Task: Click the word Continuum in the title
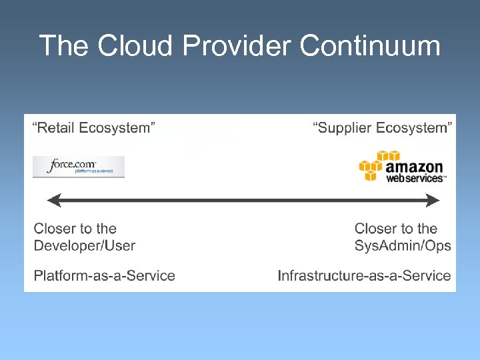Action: (x=370, y=46)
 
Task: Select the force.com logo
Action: (x=79, y=167)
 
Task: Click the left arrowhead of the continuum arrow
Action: (x=53, y=200)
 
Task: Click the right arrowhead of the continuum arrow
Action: (x=433, y=200)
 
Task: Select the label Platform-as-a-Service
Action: (x=105, y=275)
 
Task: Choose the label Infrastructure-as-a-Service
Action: (x=364, y=275)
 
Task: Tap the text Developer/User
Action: (x=85, y=245)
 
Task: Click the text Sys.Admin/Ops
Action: (x=403, y=245)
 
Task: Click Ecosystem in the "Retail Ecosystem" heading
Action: (x=118, y=128)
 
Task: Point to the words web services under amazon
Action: (x=415, y=179)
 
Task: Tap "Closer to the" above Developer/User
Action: (x=75, y=229)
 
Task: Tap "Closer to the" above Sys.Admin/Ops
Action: (x=396, y=229)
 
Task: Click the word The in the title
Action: (x=64, y=46)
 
